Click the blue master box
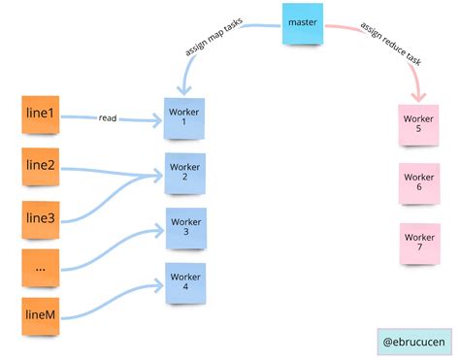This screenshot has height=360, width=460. click(303, 24)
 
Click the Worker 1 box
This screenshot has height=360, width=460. click(184, 119)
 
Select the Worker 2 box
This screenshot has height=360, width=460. click(184, 173)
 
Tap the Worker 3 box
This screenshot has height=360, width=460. click(185, 227)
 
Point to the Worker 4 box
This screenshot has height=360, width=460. click(185, 281)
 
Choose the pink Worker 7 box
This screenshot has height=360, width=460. click(419, 244)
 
